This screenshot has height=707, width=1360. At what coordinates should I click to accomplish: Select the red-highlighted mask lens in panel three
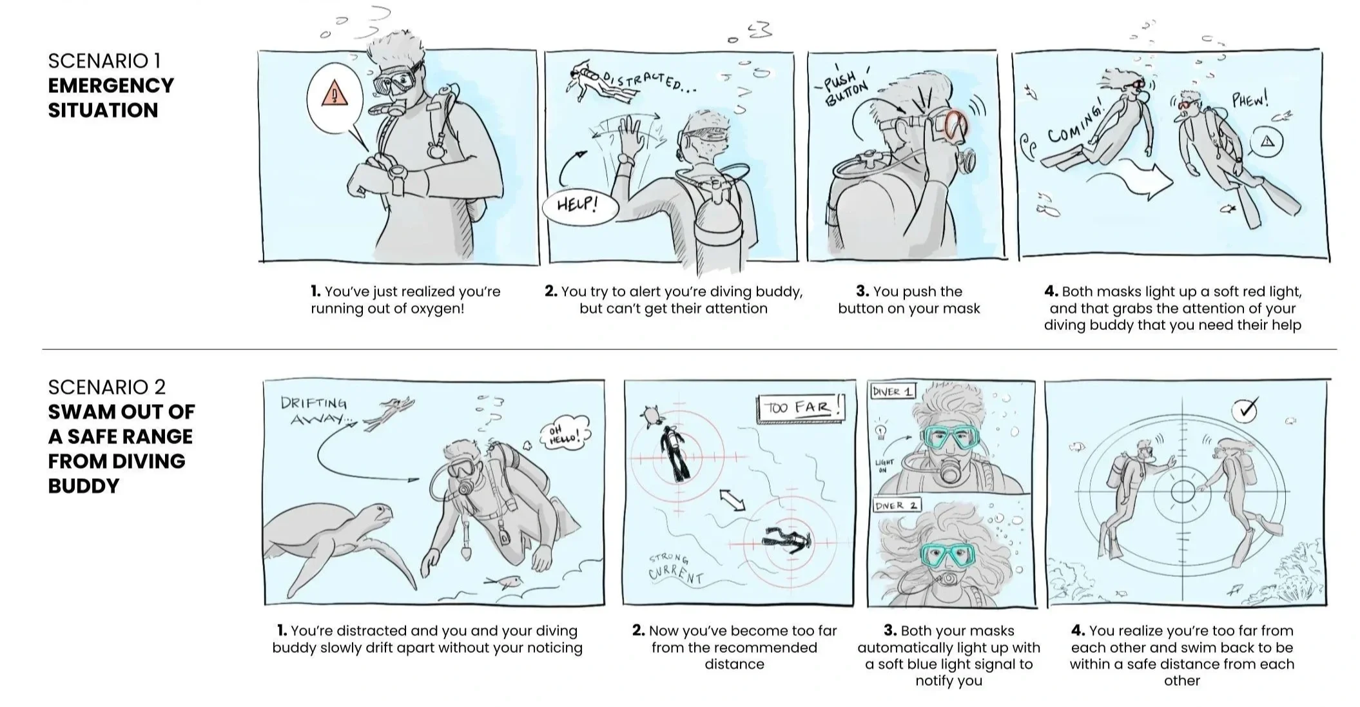pyautogui.click(x=956, y=126)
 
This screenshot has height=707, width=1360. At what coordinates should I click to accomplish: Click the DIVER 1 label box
pyautogui.click(x=892, y=391)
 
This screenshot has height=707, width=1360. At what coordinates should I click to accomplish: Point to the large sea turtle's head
pyautogui.click(x=374, y=515)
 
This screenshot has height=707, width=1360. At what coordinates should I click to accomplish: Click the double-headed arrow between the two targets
pyautogui.click(x=733, y=500)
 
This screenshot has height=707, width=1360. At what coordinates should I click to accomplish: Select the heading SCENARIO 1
pyautogui.click(x=104, y=61)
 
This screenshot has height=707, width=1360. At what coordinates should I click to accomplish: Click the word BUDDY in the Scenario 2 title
pyautogui.click(x=84, y=485)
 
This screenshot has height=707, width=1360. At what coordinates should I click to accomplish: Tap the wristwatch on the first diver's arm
pyautogui.click(x=397, y=175)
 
